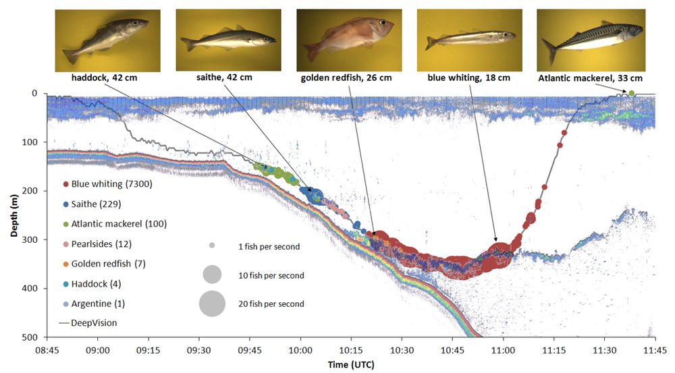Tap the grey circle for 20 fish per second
point(212,304)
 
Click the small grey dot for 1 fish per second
point(212,247)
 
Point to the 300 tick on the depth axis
point(32,239)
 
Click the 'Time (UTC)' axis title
point(351,364)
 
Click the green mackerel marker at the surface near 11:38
point(631,93)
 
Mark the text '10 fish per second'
point(270,275)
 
